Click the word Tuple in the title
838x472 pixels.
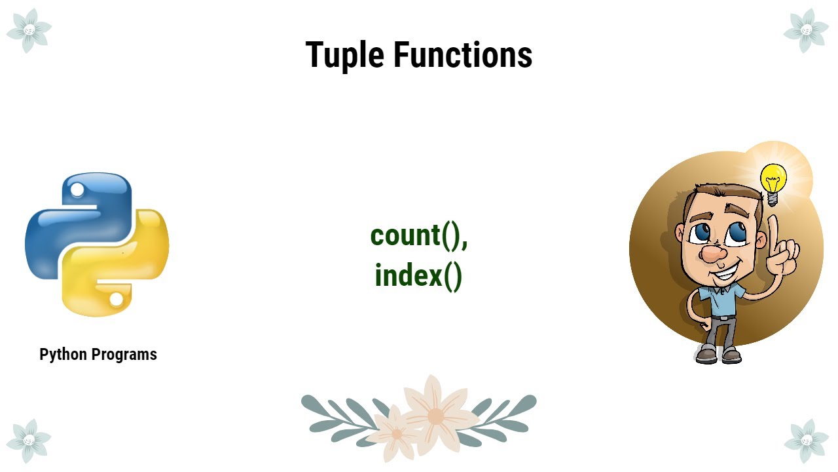click(x=345, y=55)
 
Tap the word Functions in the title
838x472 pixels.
click(x=463, y=55)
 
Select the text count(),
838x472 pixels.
click(x=419, y=236)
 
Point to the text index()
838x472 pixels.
click(x=419, y=275)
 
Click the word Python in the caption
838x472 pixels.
click(x=64, y=355)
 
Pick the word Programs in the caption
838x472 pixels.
click(x=124, y=355)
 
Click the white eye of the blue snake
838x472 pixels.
click(x=77, y=191)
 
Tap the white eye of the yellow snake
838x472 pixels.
click(x=117, y=300)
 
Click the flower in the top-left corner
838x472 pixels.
click(x=29, y=30)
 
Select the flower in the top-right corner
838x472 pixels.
click(x=806, y=30)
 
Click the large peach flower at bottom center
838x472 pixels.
click(x=435, y=413)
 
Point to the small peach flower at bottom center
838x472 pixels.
click(x=395, y=433)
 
